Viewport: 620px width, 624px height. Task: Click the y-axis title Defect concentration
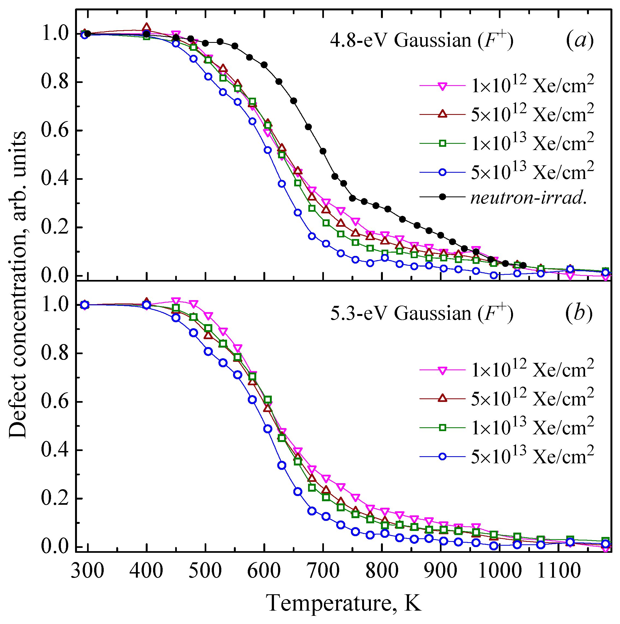tap(18, 285)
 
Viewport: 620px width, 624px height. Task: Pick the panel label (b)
tap(579, 313)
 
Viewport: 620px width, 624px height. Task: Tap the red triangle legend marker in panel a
tap(443, 114)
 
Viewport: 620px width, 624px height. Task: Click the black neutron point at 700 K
tap(323, 151)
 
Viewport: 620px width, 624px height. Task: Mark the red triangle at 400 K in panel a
tap(147, 27)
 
